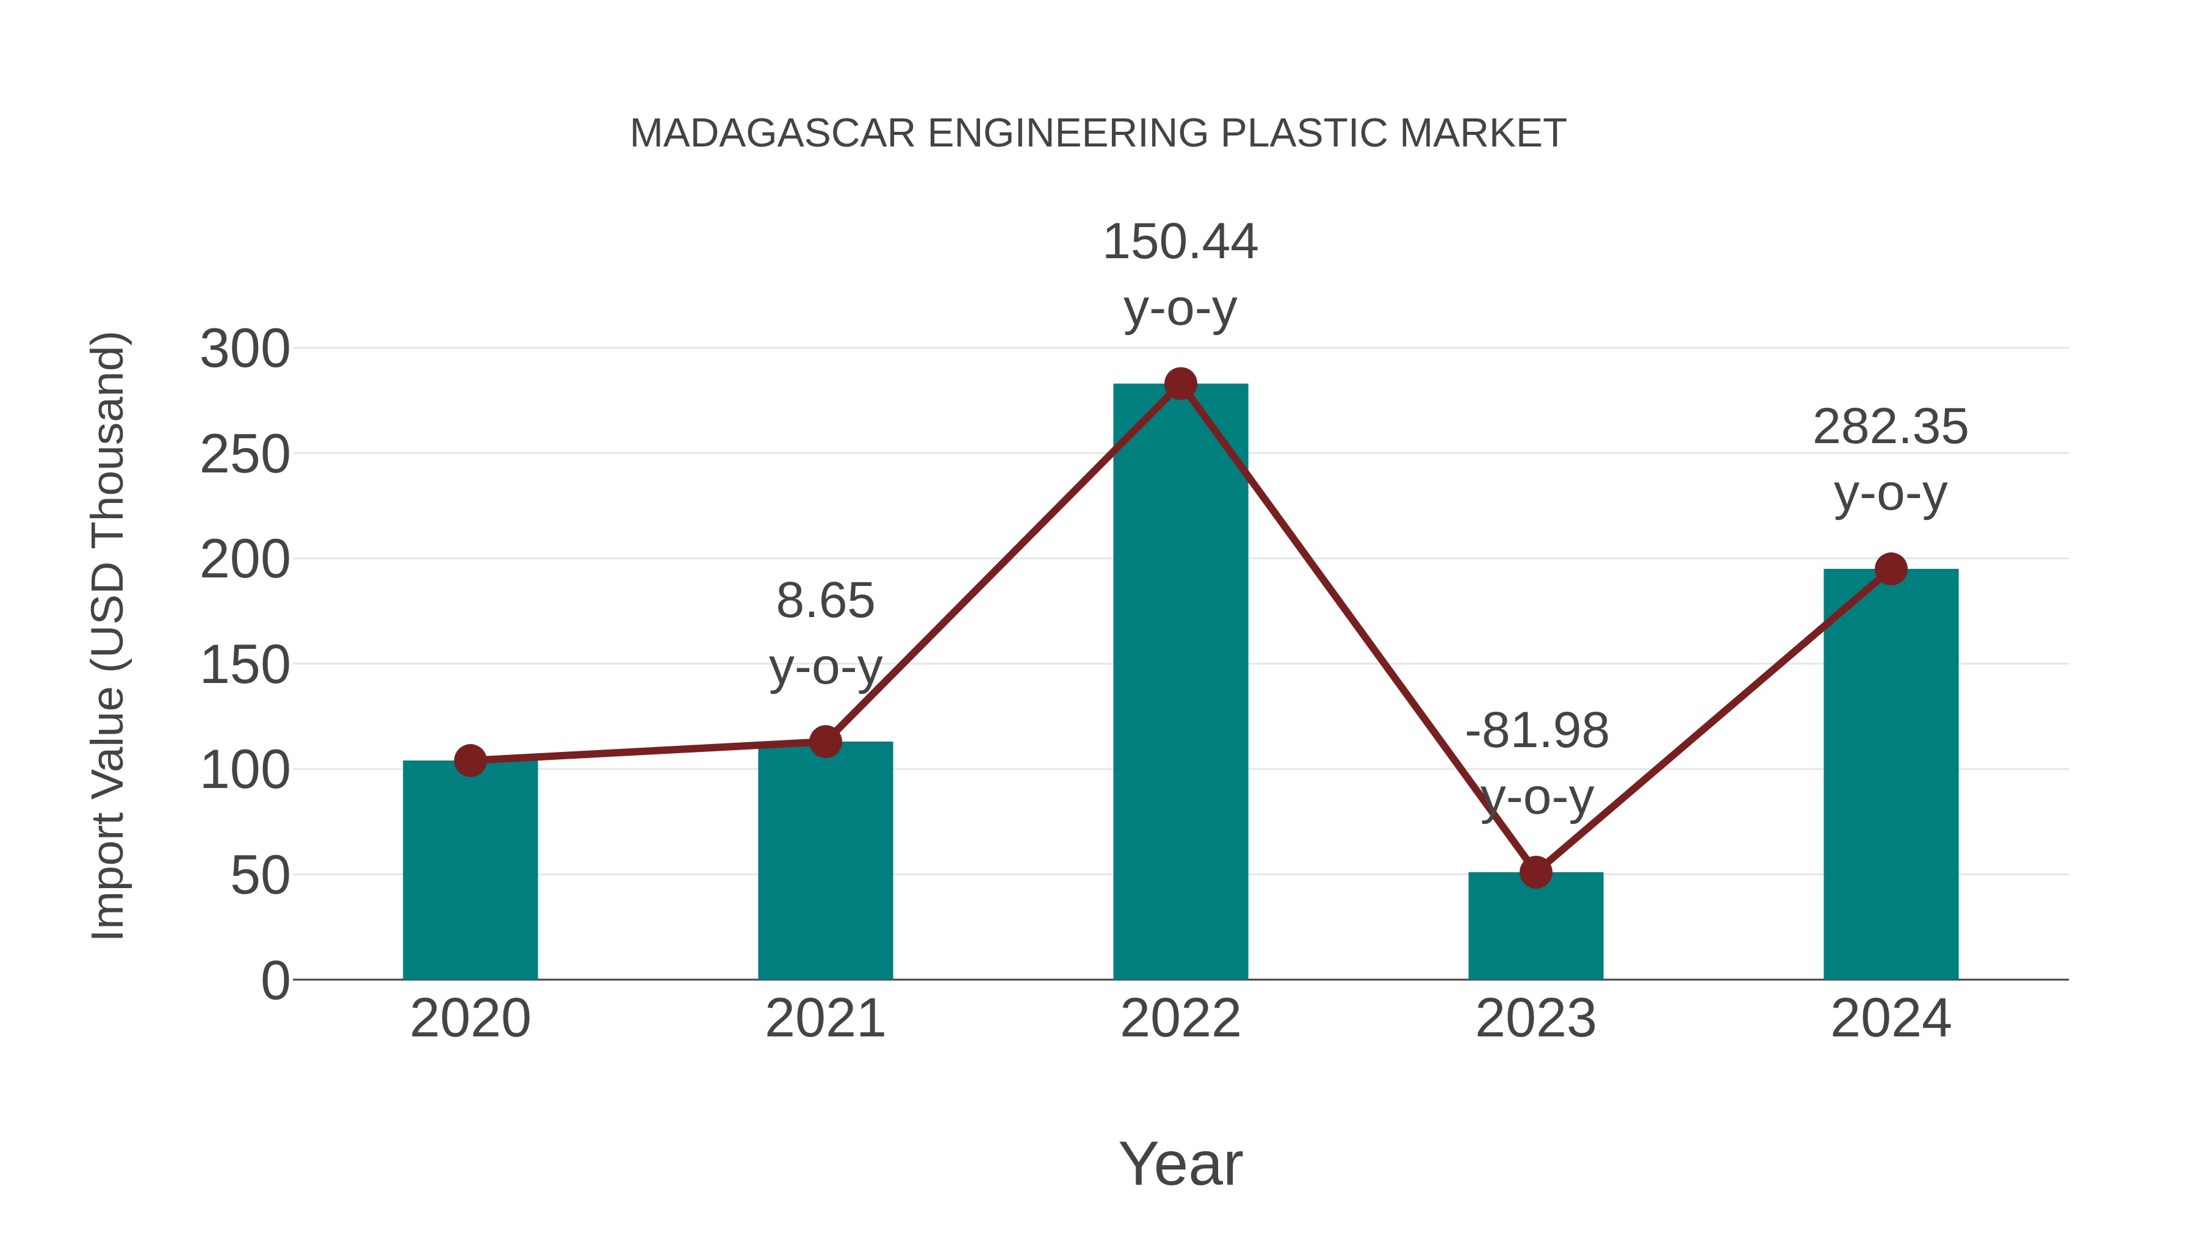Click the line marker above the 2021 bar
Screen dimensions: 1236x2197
pyautogui.click(x=824, y=741)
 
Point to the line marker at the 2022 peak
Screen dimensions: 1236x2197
pyautogui.click(x=1180, y=384)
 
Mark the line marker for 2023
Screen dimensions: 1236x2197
pyautogui.click(x=1535, y=872)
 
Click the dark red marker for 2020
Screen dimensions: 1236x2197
pyautogui.click(x=470, y=760)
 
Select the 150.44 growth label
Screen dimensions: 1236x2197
pyautogui.click(x=1180, y=242)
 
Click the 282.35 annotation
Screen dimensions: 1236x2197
pyautogui.click(x=1890, y=427)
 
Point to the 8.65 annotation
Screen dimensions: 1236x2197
pyautogui.click(x=824, y=601)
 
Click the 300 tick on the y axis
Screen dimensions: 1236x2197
pyautogui.click(x=245, y=350)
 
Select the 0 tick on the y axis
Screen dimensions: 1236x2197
pyautogui.click(x=275, y=981)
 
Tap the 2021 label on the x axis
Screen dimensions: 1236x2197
pyautogui.click(x=824, y=1019)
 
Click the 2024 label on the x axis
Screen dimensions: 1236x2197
pyautogui.click(x=1891, y=1019)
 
